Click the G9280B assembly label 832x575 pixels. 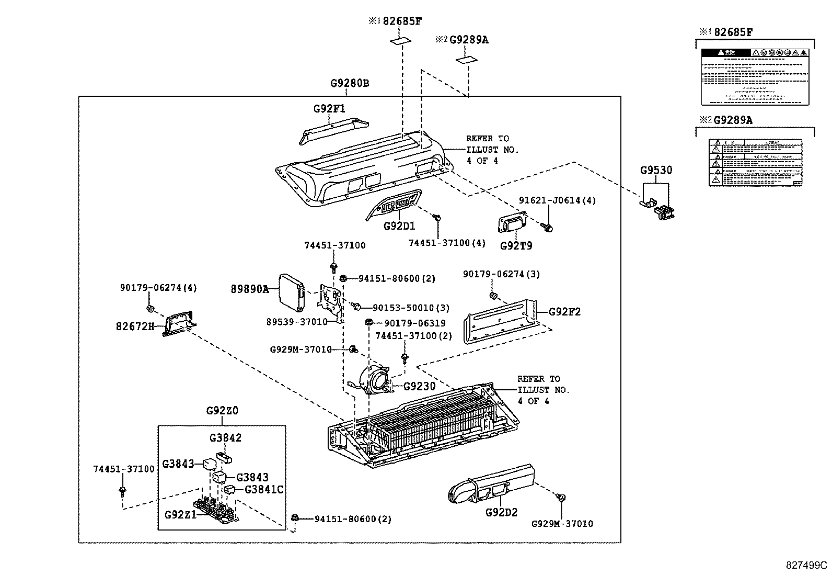tap(350, 83)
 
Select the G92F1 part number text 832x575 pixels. tap(329, 109)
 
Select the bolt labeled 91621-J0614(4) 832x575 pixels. tap(548, 227)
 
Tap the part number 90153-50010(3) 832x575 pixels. tap(411, 308)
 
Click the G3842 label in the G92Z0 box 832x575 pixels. tap(225, 438)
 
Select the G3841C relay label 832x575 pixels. tap(264, 490)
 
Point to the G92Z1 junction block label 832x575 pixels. tap(180, 514)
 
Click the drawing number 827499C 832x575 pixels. tap(806, 565)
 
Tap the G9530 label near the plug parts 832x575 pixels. tap(656, 171)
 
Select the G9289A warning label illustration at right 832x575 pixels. tap(755, 162)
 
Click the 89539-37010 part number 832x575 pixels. tap(296, 321)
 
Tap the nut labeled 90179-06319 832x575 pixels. tap(368, 322)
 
